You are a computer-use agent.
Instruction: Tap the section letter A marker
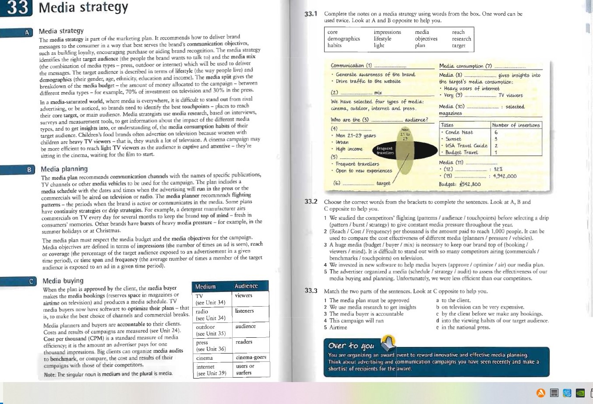27,32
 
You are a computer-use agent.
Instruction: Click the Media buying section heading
63,281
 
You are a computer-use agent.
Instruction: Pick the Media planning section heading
64,169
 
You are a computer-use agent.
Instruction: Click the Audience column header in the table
246,286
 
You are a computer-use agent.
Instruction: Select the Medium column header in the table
205,286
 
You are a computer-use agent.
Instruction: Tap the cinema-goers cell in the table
251,358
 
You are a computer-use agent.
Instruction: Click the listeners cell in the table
244,311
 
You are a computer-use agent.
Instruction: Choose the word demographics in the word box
344,39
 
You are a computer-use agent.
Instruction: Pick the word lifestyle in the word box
382,39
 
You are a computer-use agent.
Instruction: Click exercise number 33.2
311,202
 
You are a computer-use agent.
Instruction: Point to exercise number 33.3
311,291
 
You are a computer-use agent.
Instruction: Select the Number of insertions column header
516,125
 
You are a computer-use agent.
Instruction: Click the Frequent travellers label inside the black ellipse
385,150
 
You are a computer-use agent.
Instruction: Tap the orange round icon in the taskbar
541,393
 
